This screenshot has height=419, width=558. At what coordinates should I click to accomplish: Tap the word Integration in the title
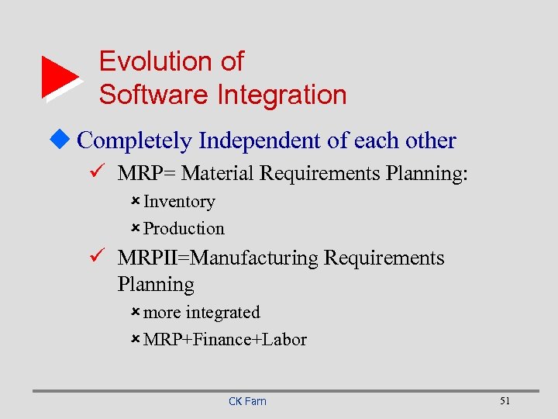click(x=282, y=95)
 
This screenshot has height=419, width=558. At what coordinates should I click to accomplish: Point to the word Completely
click(x=136, y=140)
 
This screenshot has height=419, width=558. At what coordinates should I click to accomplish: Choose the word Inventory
click(x=179, y=202)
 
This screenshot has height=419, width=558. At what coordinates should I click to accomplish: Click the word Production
click(x=184, y=229)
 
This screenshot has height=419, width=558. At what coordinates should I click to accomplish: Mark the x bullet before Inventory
click(x=135, y=202)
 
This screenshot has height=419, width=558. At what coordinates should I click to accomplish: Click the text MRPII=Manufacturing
click(x=218, y=258)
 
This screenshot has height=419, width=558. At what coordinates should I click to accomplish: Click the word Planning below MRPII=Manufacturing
click(x=156, y=285)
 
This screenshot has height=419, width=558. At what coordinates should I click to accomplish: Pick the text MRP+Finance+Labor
click(x=225, y=340)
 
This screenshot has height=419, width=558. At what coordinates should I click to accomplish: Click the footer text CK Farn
click(x=247, y=401)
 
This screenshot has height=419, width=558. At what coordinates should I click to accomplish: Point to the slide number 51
click(x=505, y=400)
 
